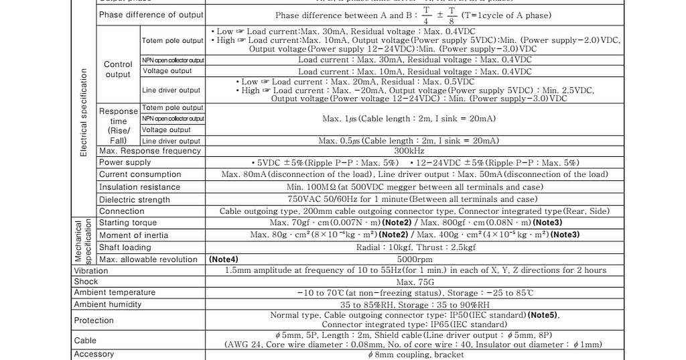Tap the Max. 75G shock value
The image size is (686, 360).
coord(415,282)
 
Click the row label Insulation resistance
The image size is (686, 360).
coord(139,187)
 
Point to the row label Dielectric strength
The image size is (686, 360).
coord(135,200)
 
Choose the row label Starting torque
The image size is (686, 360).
coord(128,223)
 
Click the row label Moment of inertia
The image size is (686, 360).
coord(134,235)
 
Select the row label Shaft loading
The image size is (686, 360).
coord(125,247)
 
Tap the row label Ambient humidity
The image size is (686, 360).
coord(108,304)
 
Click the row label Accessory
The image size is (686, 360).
coord(94,354)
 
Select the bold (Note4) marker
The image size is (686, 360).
coord(224,259)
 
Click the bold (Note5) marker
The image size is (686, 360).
coord(543,315)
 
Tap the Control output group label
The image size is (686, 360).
coord(118,70)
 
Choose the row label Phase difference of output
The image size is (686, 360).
coord(151,15)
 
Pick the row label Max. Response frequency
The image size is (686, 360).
coord(150,151)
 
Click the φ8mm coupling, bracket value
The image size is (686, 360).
coord(415,355)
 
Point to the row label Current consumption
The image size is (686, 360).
coord(140,174)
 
